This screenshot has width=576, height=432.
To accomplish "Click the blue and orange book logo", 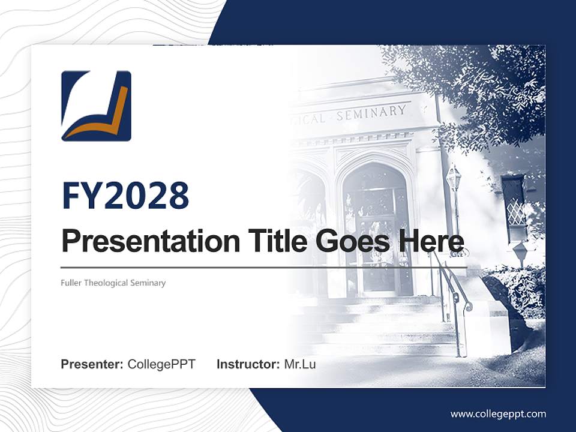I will pos(96,106).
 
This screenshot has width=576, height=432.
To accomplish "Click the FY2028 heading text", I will pos(125,196).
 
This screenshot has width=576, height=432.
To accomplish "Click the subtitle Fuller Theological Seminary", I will pos(113,283).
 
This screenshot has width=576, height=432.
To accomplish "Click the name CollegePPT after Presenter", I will pos(161,364).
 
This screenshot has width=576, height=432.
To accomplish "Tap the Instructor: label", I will pos(248,364).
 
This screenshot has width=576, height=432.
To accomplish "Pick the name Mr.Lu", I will pos(299,364).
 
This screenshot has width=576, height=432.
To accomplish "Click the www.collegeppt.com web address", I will pos(498,413).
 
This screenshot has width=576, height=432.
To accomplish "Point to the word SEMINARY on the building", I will pos(371,112).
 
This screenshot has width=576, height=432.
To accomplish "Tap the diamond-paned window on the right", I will pos(515,208).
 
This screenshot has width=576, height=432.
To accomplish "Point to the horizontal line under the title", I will pos(264,268).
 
